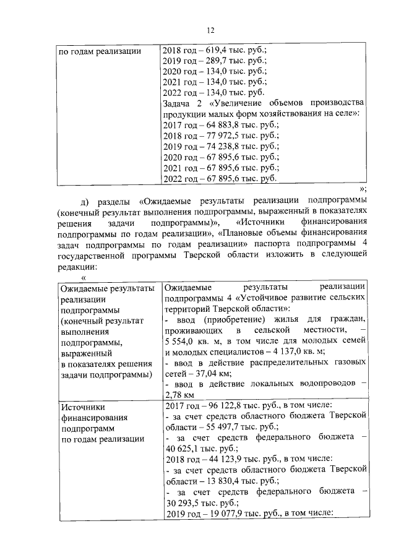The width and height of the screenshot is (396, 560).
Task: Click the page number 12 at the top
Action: tap(210, 31)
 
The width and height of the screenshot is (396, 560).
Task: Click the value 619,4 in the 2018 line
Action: tap(212, 51)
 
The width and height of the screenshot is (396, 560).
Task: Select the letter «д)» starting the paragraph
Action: tap(86, 202)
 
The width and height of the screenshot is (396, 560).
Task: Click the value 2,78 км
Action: tap(179, 396)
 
